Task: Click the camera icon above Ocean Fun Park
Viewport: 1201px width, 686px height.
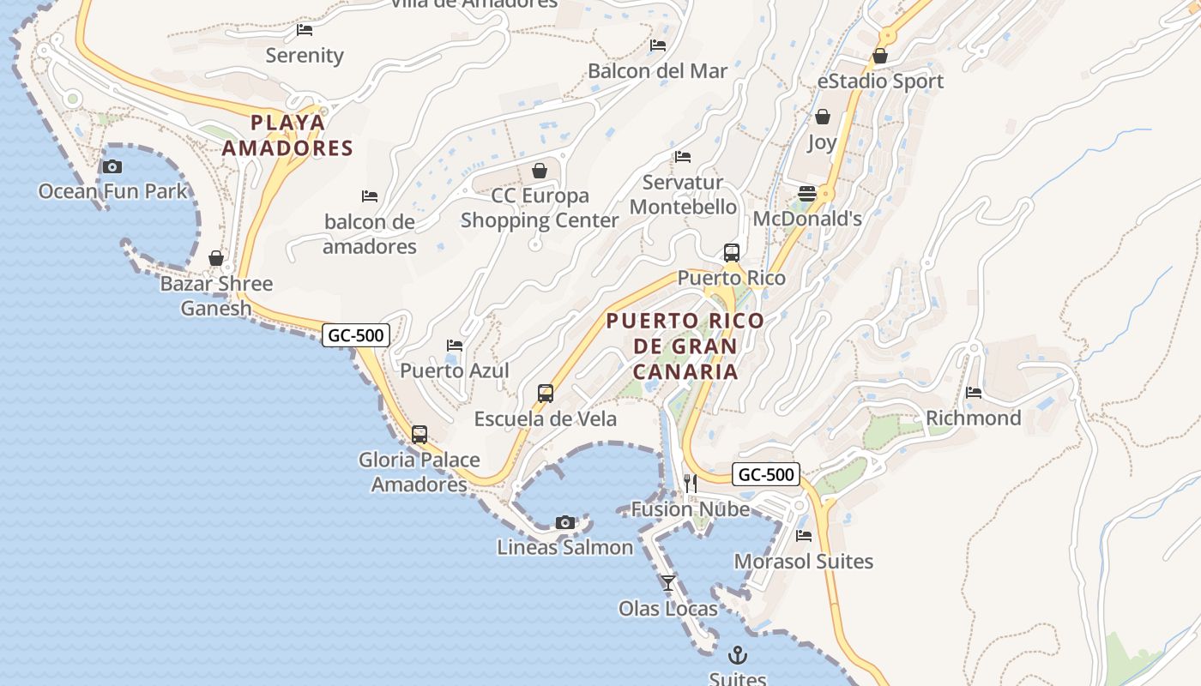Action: point(112,166)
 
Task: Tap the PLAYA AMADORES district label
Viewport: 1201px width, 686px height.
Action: point(287,135)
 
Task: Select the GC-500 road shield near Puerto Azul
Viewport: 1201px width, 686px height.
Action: point(356,335)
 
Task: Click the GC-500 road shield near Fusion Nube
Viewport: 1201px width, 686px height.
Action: point(766,475)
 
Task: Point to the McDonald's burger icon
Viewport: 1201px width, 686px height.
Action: point(807,194)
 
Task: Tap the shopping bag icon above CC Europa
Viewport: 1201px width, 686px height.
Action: point(540,171)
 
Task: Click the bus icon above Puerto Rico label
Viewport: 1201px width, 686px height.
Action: point(732,253)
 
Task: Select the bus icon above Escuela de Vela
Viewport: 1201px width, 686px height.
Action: point(546,394)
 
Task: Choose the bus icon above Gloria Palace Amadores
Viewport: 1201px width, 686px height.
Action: point(419,435)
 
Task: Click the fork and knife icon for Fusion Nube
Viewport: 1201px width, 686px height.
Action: point(691,484)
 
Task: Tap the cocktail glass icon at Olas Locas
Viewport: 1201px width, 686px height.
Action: point(668,583)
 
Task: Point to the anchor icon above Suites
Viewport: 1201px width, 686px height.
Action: point(738,656)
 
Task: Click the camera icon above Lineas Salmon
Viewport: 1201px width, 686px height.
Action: point(565,522)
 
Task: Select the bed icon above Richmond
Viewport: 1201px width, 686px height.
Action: point(974,393)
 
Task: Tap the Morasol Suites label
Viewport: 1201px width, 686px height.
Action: point(804,562)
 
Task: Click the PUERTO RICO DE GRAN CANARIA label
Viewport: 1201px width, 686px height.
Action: point(685,346)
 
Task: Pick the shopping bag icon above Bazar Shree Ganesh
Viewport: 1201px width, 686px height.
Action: point(216,258)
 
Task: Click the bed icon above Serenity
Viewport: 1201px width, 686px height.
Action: point(305,30)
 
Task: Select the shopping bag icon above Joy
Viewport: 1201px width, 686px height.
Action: point(823,117)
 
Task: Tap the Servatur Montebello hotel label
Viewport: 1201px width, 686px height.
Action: point(683,195)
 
